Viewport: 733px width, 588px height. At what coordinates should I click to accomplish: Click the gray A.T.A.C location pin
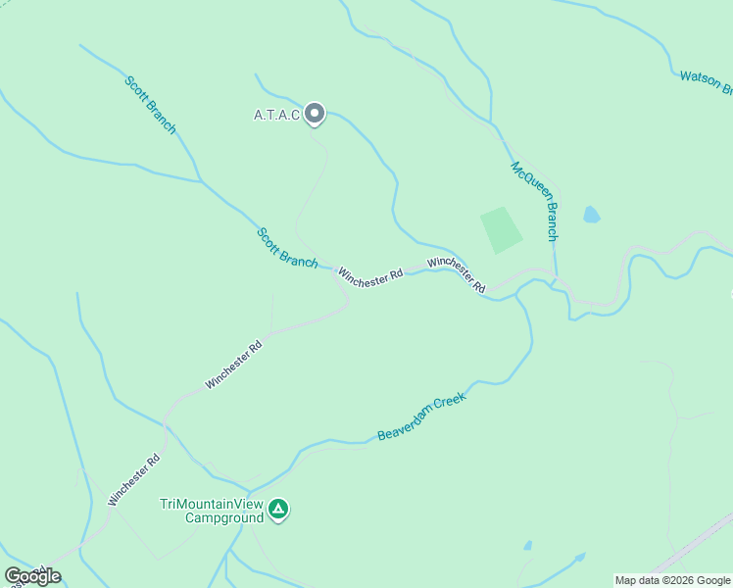point(315,115)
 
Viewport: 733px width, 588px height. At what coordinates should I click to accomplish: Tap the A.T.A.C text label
point(275,116)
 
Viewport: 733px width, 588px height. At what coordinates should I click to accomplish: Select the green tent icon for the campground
point(278,509)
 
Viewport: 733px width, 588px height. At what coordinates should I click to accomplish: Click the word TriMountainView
point(211,504)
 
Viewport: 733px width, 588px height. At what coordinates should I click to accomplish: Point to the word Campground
point(225,517)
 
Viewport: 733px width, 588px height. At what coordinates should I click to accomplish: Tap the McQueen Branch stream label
point(535,201)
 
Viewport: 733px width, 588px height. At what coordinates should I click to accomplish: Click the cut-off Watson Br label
point(706,82)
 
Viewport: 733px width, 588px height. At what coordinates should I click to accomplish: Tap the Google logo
point(32,576)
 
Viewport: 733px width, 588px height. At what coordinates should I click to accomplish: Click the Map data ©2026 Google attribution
point(673,580)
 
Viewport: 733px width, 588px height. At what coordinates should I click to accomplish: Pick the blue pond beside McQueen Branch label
point(591,215)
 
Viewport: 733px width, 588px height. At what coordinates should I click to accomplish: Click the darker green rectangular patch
point(502,230)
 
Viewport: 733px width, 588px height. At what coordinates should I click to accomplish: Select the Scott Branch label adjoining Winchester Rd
point(287,248)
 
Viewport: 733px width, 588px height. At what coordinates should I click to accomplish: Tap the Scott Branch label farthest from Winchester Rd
point(150,104)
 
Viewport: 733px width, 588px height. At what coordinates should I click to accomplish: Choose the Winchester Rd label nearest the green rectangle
point(457,274)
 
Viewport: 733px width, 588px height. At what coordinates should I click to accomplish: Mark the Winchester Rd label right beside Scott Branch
point(370,277)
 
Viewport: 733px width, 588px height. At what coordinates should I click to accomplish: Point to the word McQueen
point(527,183)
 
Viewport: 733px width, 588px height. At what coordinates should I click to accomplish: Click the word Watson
point(700,80)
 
